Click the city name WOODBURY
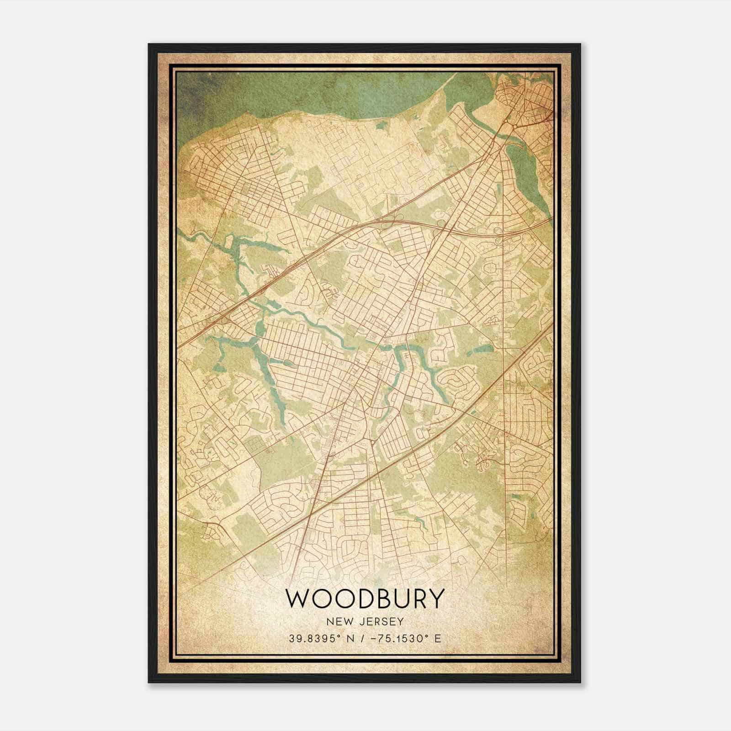tap(365, 599)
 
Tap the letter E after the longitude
tap(438, 639)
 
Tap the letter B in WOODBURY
tap(381, 599)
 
